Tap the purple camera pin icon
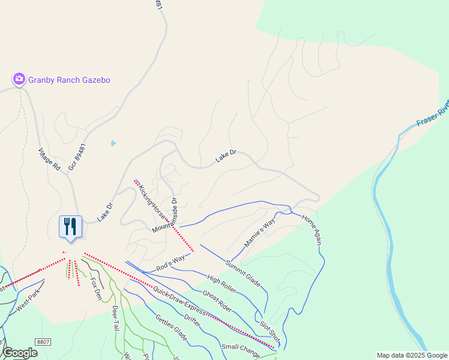pyautogui.click(x=19, y=79)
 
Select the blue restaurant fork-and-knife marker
pyautogui.click(x=70, y=226)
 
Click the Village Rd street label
pyautogui.click(x=50, y=160)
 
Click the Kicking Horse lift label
pyautogui.click(x=151, y=202)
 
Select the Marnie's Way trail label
pyautogui.click(x=259, y=233)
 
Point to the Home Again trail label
pyautogui.click(x=313, y=230)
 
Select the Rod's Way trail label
pyautogui.click(x=169, y=264)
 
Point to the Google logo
pyautogui.click(x=20, y=353)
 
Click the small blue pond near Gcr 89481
pyautogui.click(x=113, y=143)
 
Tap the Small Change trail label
pyautogui.click(x=240, y=349)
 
